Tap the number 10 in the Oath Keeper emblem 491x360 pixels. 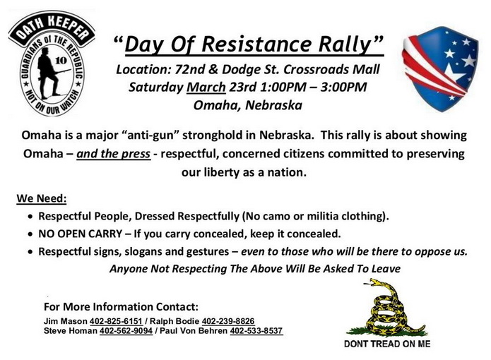click(61, 60)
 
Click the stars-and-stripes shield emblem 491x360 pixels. click(439, 68)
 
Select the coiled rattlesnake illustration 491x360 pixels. click(387, 308)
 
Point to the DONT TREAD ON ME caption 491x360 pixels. click(387, 344)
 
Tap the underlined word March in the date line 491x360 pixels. click(206, 88)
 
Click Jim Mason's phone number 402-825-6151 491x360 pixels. click(116, 321)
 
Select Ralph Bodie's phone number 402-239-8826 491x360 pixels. click(228, 321)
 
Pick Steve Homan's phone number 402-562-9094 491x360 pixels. click(126, 331)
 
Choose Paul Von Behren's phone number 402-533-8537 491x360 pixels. click(256, 331)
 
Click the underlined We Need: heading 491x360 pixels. click(42, 198)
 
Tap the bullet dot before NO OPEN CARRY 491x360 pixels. click(30, 234)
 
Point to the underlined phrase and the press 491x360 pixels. click(113, 154)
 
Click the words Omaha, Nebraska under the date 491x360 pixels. click(248, 105)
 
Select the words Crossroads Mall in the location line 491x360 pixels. click(331, 69)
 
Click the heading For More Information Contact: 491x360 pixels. click(122, 306)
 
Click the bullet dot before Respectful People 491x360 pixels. click(30, 217)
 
